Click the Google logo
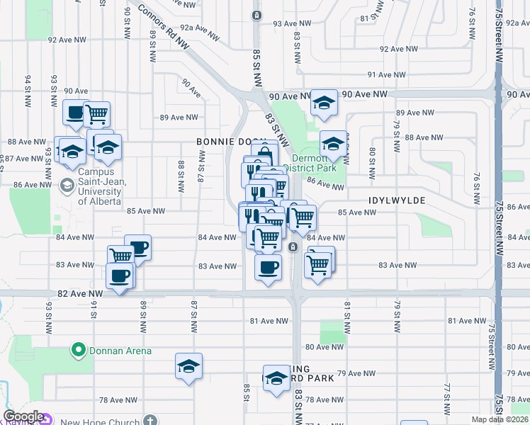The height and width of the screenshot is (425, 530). (x=23, y=417)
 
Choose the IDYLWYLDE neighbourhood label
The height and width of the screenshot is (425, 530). (x=397, y=200)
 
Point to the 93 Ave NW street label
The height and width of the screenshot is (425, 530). (x=292, y=23)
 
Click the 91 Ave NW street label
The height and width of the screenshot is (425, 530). (x=390, y=74)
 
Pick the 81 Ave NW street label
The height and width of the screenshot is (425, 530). (x=269, y=321)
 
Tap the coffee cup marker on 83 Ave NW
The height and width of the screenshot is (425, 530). (x=268, y=268)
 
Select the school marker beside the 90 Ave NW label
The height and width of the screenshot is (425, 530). (x=324, y=103)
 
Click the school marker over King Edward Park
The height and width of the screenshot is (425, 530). (x=276, y=378)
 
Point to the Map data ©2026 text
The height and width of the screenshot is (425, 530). (x=500, y=419)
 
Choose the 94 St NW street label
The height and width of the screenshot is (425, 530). (x=29, y=88)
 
